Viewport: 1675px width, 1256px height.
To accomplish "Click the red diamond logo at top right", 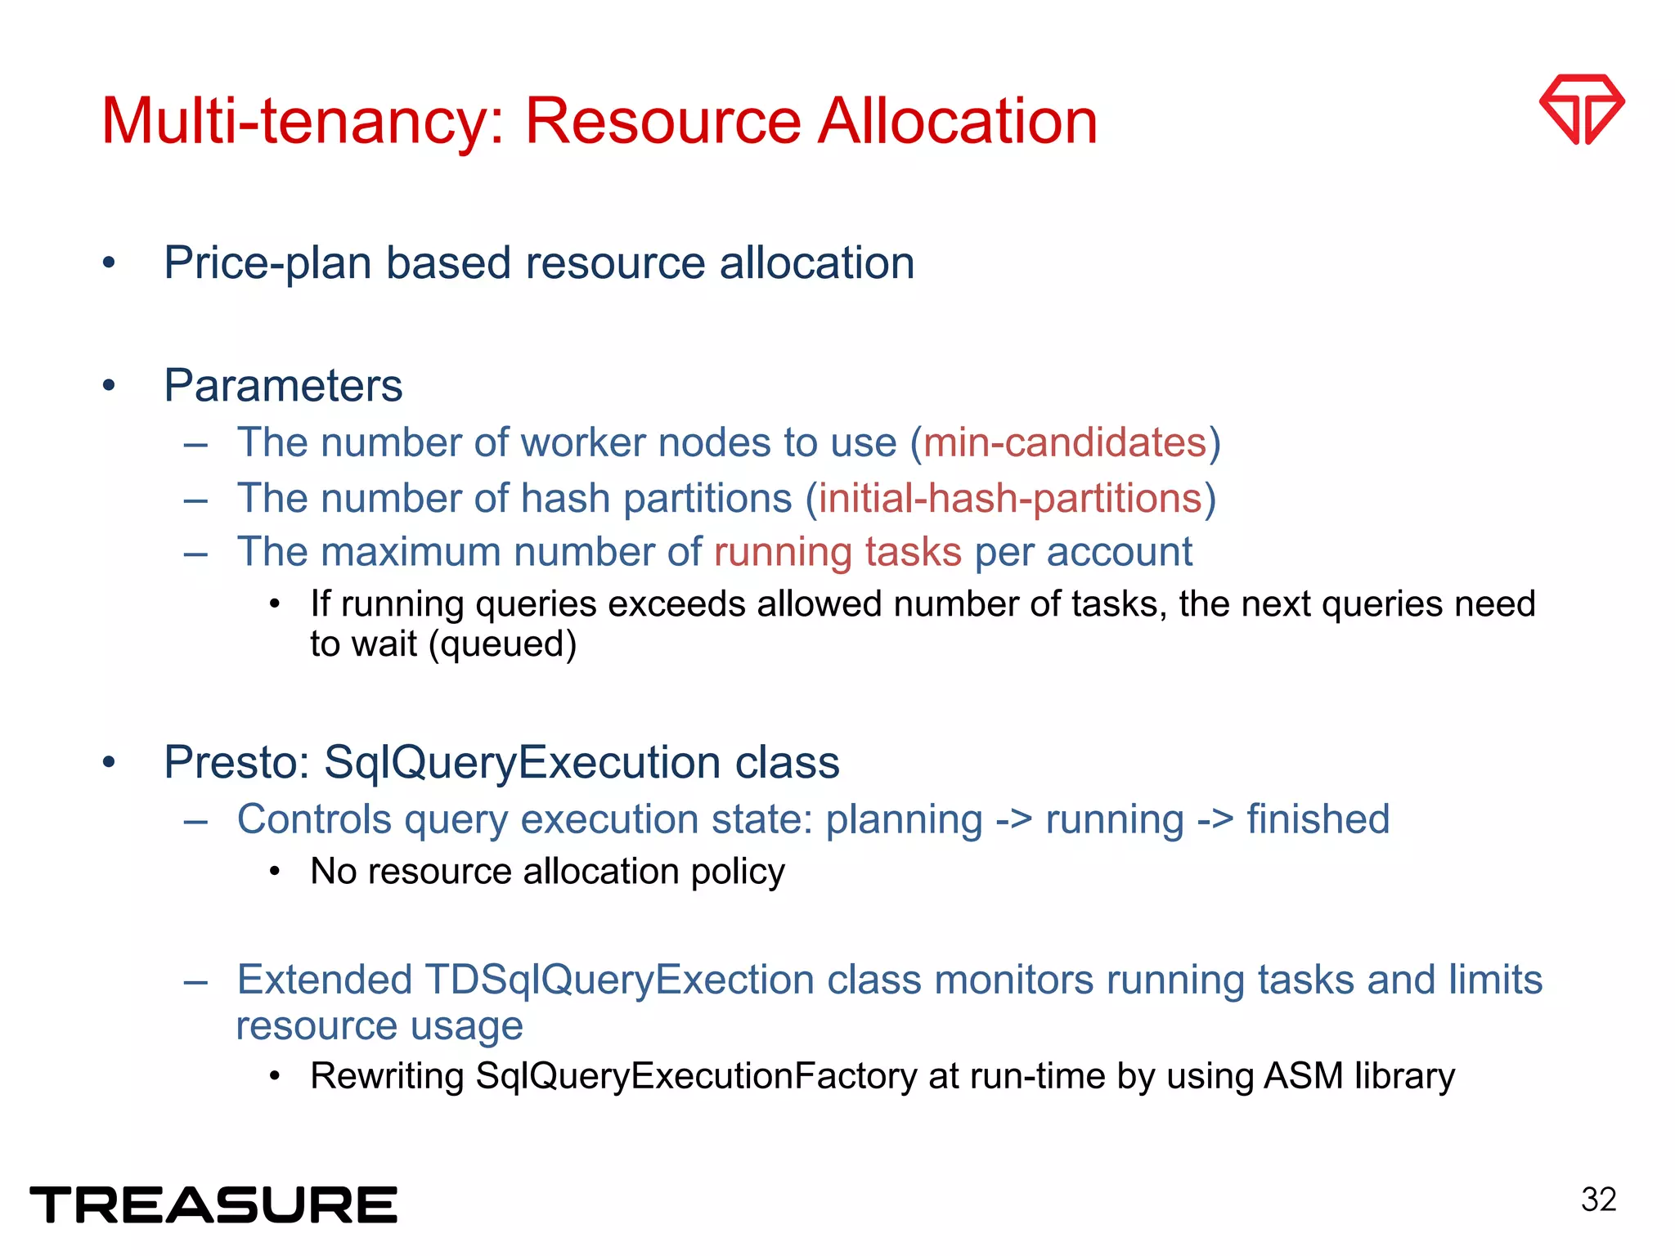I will [x=1582, y=109].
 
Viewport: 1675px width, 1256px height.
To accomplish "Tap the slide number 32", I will [x=1598, y=1200].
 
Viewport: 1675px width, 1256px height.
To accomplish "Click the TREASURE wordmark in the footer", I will [x=213, y=1204].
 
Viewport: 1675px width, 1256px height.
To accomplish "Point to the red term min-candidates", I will [x=1065, y=442].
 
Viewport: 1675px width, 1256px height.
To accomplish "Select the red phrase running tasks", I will [x=837, y=552].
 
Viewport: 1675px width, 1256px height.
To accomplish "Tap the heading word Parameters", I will [x=283, y=385].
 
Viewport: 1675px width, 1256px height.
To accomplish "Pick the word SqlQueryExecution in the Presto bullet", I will [x=523, y=762].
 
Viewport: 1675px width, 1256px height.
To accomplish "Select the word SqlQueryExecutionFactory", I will [x=695, y=1076].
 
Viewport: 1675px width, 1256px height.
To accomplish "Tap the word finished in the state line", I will [x=1318, y=819].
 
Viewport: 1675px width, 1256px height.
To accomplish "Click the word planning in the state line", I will [x=904, y=819].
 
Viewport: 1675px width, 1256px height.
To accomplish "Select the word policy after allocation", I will [x=738, y=872].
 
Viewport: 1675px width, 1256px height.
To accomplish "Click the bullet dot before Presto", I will [x=109, y=762].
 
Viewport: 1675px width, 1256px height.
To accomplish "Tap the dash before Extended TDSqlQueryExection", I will [x=196, y=980].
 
